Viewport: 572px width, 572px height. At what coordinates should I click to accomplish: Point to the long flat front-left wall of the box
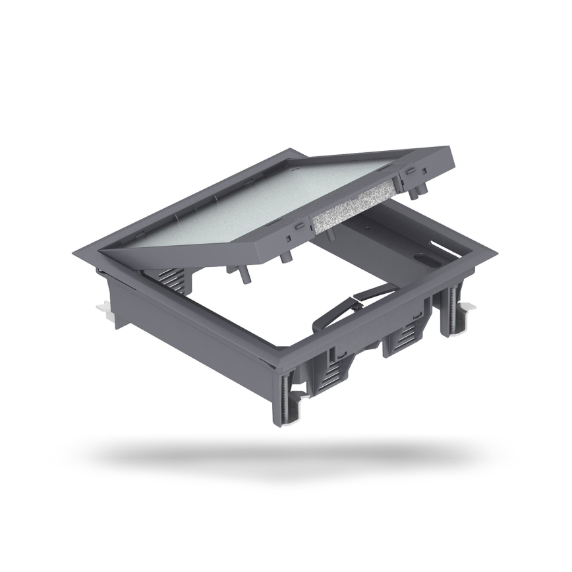click(185, 329)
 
